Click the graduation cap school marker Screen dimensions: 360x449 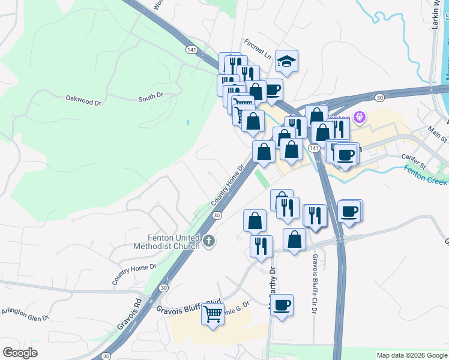point(287,61)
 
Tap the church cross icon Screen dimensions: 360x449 point(208,241)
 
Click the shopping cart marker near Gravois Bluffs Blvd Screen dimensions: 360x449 point(212,314)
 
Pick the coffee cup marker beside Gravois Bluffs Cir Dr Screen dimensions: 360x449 point(282,305)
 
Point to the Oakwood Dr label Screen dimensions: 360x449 point(83,100)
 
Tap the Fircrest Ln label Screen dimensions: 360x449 point(258,47)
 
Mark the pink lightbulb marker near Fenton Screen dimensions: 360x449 point(360,117)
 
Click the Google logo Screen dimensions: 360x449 point(20,353)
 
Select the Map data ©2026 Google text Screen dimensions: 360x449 point(411,355)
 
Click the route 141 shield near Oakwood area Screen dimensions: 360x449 point(191,49)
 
